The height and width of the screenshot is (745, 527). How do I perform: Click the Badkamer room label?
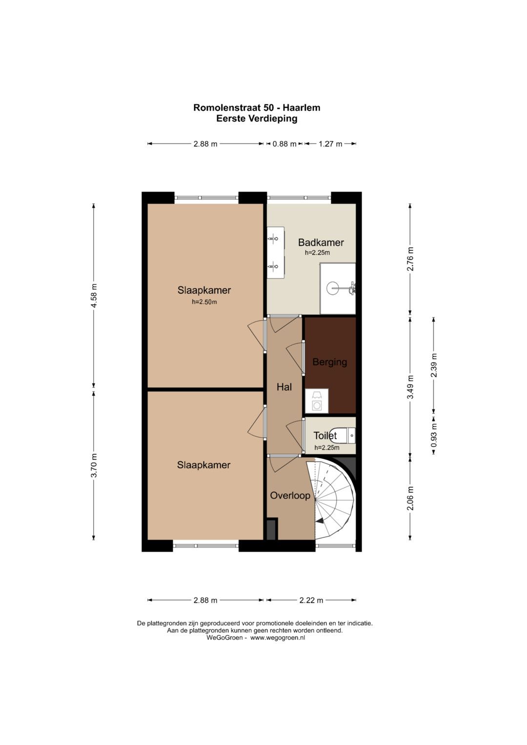coord(321,242)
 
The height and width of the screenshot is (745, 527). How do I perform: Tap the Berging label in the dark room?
coord(330,362)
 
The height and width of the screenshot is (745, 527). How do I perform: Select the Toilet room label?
coord(325,435)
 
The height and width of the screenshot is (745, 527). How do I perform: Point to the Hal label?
coord(284,387)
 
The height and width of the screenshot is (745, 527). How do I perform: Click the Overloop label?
coord(290,496)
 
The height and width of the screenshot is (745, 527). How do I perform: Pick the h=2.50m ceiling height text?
coord(204,302)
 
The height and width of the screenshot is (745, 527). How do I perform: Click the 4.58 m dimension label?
coord(94,296)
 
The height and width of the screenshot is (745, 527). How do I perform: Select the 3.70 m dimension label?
coord(94,465)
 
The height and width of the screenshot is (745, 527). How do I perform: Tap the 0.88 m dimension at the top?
coord(284,144)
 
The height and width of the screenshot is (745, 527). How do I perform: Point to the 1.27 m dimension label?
coord(330,144)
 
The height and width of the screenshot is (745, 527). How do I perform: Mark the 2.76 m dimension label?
coord(410,259)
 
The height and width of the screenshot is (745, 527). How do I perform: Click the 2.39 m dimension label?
coord(434,365)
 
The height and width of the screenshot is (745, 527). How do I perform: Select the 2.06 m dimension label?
coord(410,498)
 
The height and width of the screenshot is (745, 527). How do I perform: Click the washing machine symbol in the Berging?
coord(317,401)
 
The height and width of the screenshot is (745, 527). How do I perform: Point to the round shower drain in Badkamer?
coord(334,288)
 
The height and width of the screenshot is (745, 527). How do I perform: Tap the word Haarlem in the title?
coord(302,108)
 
